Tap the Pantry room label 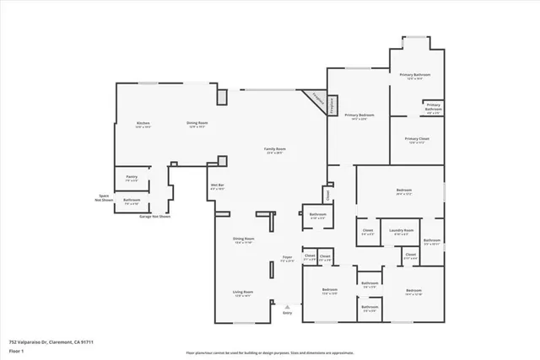point(132,178)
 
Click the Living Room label point(243,293)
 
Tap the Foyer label point(287,258)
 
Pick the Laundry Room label point(401,230)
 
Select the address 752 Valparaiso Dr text point(51,341)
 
